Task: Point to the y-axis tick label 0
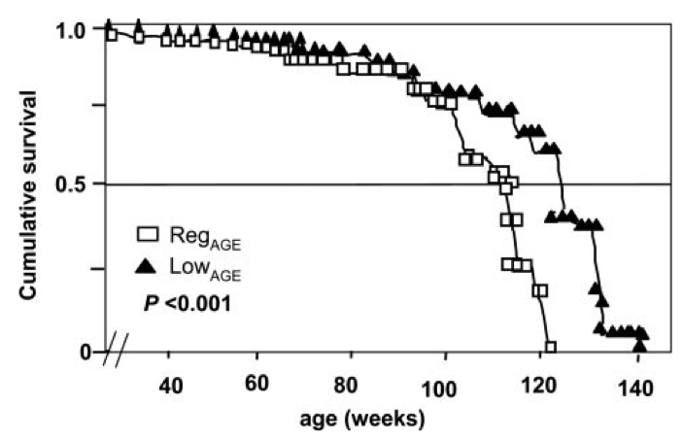coord(83,352)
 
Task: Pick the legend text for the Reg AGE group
coord(203,237)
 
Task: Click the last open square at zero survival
coord(551,347)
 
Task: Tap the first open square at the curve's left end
coord(111,35)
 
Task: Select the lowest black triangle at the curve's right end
coord(638,345)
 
